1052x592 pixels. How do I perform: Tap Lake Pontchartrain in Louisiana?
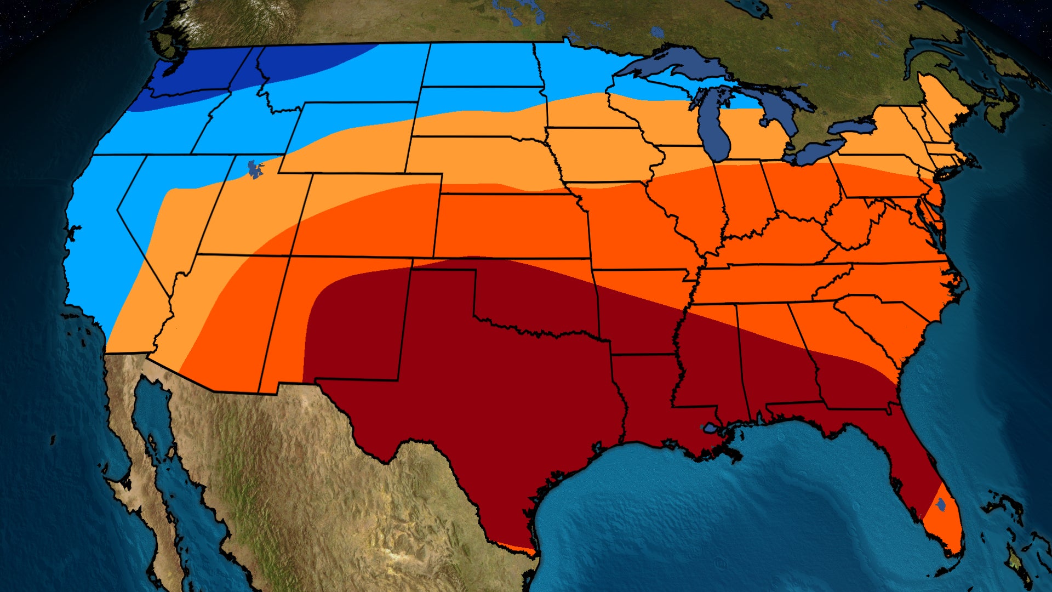click(x=710, y=428)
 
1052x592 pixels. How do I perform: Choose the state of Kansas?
click(x=510, y=225)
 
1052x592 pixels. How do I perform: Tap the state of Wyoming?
click(x=351, y=137)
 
